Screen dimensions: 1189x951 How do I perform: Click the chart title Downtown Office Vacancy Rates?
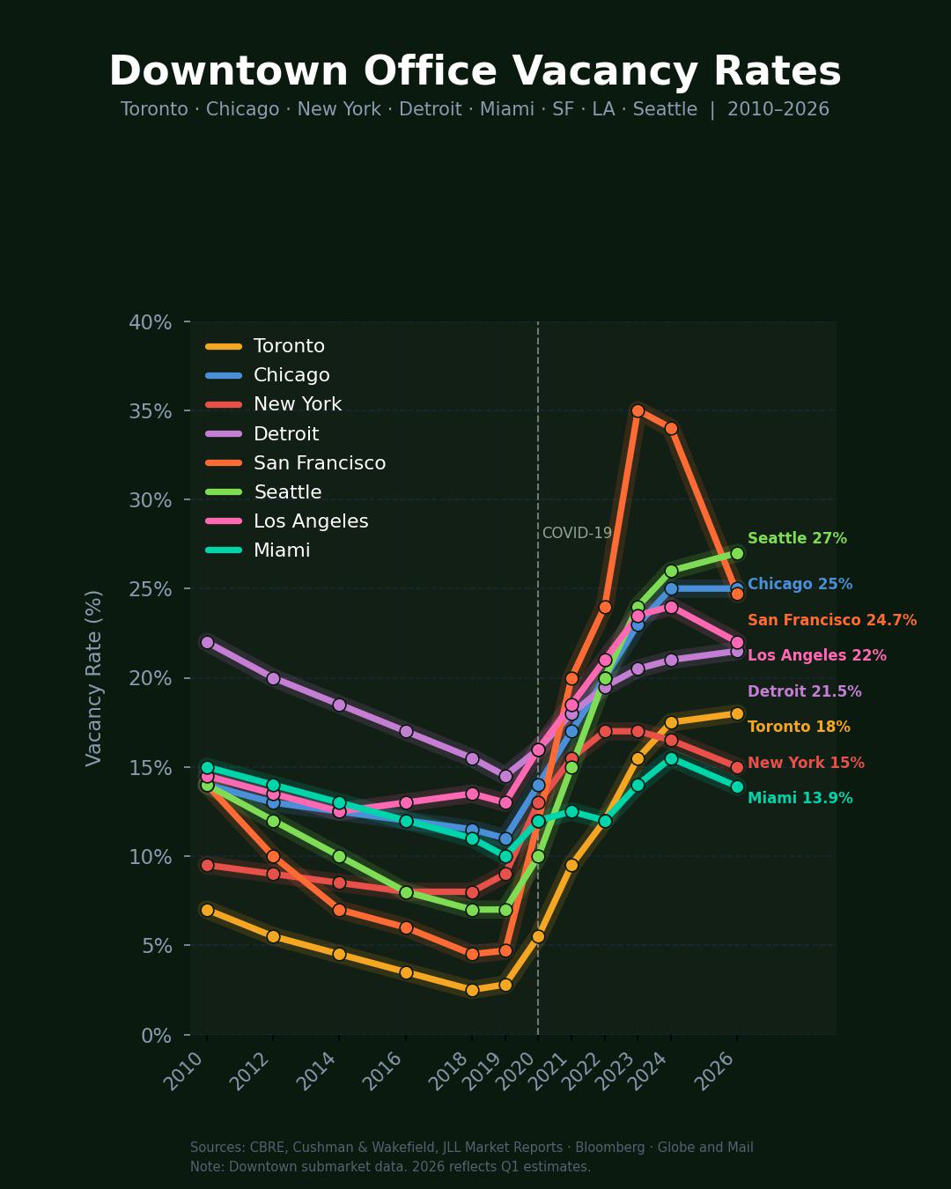pos(475,72)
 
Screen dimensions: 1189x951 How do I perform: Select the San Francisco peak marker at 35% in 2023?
pos(638,410)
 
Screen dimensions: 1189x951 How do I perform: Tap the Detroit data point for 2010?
pos(207,642)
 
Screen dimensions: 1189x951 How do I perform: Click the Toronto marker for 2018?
pos(472,990)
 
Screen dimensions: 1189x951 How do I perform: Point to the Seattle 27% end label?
pos(797,538)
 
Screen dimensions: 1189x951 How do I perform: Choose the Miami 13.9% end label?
pos(800,798)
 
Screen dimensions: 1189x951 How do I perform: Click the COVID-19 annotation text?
pos(577,533)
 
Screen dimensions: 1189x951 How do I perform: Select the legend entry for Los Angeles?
pos(310,521)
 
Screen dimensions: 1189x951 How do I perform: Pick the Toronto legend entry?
pos(289,346)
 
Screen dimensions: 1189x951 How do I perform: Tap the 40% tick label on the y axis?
pos(150,322)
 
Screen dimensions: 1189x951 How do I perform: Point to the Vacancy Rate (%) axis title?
pos(94,678)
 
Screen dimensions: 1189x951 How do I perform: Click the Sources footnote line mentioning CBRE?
pos(471,1148)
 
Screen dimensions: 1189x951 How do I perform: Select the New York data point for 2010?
pos(207,865)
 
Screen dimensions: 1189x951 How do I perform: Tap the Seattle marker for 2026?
pos(737,553)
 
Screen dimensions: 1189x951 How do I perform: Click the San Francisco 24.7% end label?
pos(831,620)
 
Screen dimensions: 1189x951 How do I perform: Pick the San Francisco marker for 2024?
pos(671,428)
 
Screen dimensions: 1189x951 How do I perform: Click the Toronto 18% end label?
pos(799,727)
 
